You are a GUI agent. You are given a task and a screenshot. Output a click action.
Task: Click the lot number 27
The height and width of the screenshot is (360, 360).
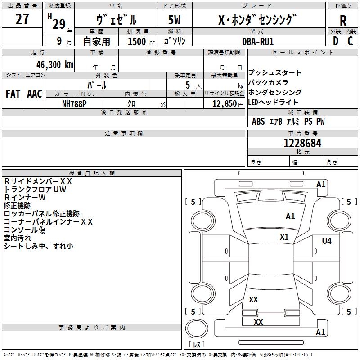tap(22, 19)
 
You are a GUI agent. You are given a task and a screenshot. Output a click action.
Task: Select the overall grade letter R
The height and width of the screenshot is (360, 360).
tap(343, 21)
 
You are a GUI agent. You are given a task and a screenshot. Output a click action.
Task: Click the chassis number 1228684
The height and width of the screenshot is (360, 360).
tap(302, 143)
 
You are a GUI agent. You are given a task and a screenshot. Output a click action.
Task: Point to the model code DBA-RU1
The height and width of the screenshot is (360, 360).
tap(258, 41)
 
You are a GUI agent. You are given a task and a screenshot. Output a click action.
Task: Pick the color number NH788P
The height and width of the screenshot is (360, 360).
tap(74, 103)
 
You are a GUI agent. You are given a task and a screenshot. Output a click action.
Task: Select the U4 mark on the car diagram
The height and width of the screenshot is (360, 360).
tap(326, 241)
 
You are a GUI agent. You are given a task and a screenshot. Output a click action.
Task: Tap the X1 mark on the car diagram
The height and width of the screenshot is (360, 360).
tap(284, 237)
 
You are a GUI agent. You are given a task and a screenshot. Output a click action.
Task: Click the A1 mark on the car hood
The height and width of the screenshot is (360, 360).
tap(290, 216)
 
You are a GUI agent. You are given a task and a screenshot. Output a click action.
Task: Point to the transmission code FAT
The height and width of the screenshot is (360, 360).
tap(13, 94)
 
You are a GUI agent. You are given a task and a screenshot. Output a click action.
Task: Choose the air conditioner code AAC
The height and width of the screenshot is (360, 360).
tap(35, 94)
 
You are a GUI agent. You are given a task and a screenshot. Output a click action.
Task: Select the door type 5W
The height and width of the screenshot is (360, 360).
tap(174, 20)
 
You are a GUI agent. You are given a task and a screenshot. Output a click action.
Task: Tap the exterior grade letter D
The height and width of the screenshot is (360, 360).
tap(335, 41)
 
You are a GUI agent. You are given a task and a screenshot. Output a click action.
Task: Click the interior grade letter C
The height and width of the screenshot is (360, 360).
tap(350, 41)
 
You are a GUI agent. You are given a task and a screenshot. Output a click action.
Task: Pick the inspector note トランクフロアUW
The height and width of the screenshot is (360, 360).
tap(35, 189)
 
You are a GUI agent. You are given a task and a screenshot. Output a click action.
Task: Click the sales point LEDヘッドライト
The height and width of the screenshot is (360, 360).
tap(273, 102)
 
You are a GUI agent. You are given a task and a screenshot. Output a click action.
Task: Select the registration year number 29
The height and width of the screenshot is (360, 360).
tap(58, 23)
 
